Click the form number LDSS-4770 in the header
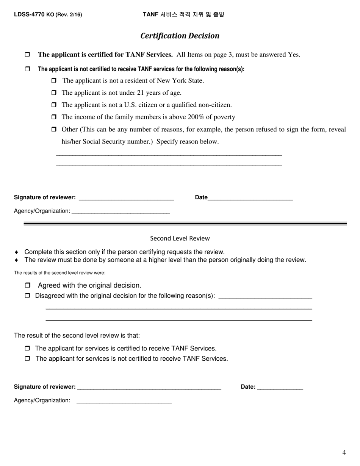(29, 15)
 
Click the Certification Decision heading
(180, 36)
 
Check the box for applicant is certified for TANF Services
(27, 55)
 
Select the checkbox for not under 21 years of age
(53, 93)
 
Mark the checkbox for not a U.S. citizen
(53, 105)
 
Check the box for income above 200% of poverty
(53, 117)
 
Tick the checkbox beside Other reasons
(53, 130)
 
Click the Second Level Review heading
(180, 238)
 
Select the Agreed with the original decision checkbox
(27, 285)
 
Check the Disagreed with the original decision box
(27, 296)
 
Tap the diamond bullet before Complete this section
(16, 252)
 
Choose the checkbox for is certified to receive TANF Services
(27, 349)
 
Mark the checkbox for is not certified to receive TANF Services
(27, 358)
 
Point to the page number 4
(344, 452)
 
